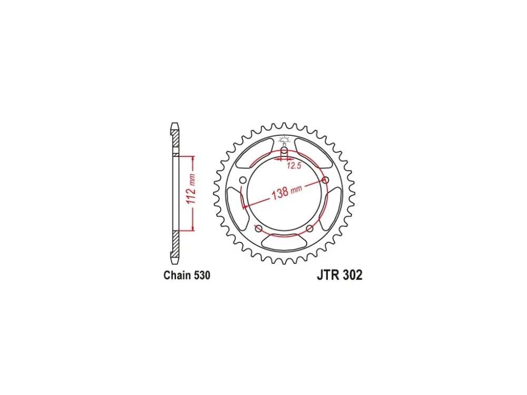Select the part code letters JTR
pos(328,275)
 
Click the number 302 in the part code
pos(352,275)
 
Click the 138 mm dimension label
pos(287,192)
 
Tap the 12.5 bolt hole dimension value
pos(294,165)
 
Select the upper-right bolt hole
pos(325,180)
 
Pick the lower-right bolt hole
pos(309,229)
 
